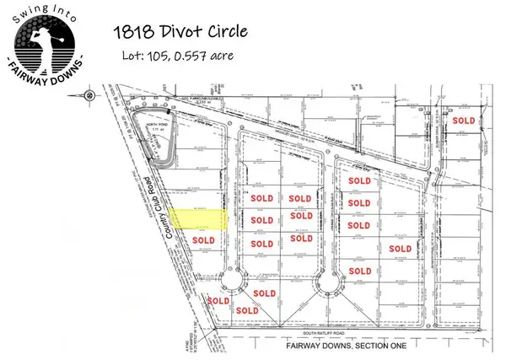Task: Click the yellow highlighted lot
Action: pyautogui.click(x=200, y=220)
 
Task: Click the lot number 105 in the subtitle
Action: pyautogui.click(x=156, y=56)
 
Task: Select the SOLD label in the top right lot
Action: pyautogui.click(x=465, y=121)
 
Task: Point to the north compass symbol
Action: pyautogui.click(x=88, y=96)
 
